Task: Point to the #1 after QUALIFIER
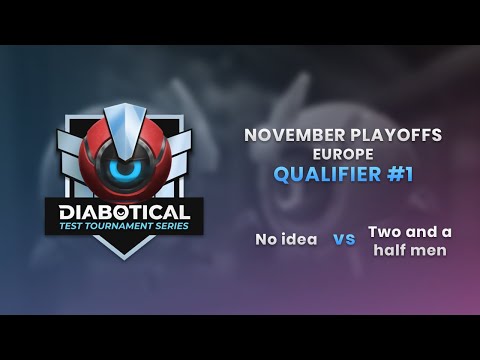point(398,175)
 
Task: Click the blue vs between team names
point(344,240)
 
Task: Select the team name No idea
point(286,240)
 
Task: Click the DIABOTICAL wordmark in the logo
point(124,212)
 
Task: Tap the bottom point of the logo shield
point(125,256)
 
